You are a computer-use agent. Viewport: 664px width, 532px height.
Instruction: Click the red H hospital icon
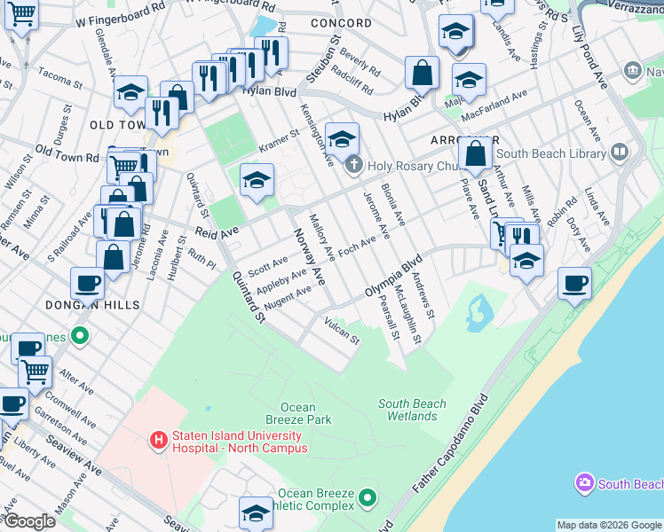tap(159, 439)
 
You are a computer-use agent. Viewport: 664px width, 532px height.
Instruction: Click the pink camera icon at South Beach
tap(584, 483)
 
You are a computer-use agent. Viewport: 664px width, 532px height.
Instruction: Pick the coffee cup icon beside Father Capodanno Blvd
tap(574, 283)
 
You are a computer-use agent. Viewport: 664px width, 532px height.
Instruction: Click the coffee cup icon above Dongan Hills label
tap(88, 283)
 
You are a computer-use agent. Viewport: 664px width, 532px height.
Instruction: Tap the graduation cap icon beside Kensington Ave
tap(342, 138)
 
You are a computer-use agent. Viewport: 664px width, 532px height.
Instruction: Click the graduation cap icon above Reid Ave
tap(257, 180)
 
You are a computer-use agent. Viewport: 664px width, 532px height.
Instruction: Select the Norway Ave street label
tap(310, 257)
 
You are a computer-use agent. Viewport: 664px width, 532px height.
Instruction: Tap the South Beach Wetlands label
tap(412, 410)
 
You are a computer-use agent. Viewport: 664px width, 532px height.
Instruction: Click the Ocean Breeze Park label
tap(298, 414)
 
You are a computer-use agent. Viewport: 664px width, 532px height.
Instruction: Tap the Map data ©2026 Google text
tap(608, 525)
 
